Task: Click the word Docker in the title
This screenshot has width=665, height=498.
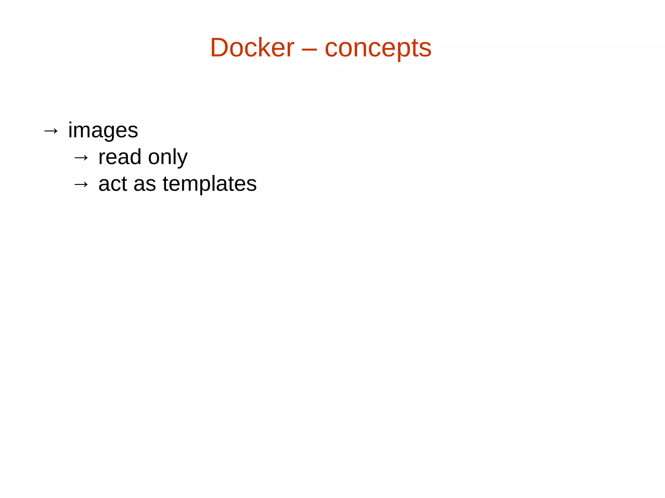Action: click(x=252, y=48)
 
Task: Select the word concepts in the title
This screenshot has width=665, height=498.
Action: click(x=378, y=49)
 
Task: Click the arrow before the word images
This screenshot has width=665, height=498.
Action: click(x=51, y=131)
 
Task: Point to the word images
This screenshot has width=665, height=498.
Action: click(x=103, y=130)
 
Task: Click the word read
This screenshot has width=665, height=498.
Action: click(x=119, y=157)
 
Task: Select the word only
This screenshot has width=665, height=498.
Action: click(x=168, y=158)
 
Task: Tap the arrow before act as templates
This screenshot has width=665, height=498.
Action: click(x=81, y=185)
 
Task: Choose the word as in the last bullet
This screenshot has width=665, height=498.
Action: click(x=145, y=185)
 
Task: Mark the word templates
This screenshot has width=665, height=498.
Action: click(x=209, y=185)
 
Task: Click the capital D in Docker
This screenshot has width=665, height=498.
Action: click(x=221, y=48)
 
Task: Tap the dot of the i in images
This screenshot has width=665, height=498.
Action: click(x=70, y=123)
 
